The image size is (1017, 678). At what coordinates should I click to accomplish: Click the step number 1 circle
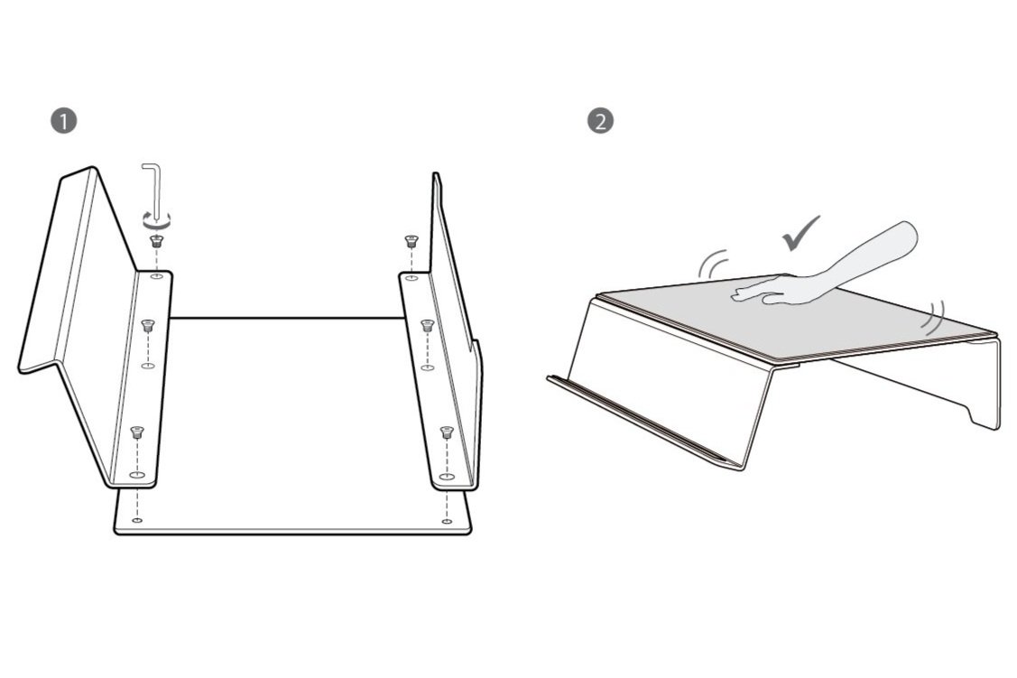point(63,121)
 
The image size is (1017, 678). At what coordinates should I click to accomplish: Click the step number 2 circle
point(599,121)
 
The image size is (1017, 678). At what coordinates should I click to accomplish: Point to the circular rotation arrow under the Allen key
point(156,219)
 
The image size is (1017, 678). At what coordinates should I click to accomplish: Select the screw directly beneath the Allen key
point(156,240)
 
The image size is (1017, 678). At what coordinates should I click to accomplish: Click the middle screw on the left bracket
point(149,325)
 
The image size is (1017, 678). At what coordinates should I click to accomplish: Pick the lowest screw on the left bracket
point(136,432)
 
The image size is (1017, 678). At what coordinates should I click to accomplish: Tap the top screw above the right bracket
point(411,241)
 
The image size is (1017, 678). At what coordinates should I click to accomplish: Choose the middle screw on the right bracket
point(428,324)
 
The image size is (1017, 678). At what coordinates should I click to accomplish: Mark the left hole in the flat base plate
point(136,520)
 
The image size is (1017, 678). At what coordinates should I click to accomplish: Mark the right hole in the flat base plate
point(447,520)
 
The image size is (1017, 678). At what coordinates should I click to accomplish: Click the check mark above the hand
point(800,232)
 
